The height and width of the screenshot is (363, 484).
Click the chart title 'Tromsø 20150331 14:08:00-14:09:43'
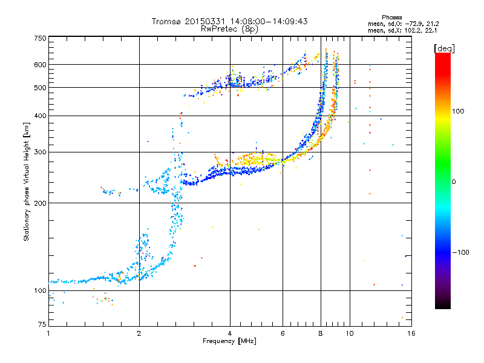tap(230, 21)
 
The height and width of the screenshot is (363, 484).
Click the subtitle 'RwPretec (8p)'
tap(230, 28)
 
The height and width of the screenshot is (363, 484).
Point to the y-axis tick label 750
tap(40, 38)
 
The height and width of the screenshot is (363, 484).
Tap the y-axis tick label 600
tap(40, 65)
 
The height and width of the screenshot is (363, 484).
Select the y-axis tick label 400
tap(40, 116)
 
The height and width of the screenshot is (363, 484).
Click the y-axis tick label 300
tap(40, 152)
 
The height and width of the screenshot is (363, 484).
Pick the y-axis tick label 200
tap(40, 203)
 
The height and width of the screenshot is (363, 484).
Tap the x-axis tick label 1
tap(48, 333)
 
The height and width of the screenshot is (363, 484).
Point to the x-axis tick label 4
tap(230, 333)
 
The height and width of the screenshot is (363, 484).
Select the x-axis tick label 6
tap(283, 333)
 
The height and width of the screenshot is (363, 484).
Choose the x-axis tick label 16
tap(410, 333)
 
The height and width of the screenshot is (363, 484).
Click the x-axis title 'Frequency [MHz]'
tap(230, 341)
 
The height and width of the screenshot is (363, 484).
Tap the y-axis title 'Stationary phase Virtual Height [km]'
tap(27, 182)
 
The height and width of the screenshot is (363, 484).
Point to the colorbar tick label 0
tap(453, 181)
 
